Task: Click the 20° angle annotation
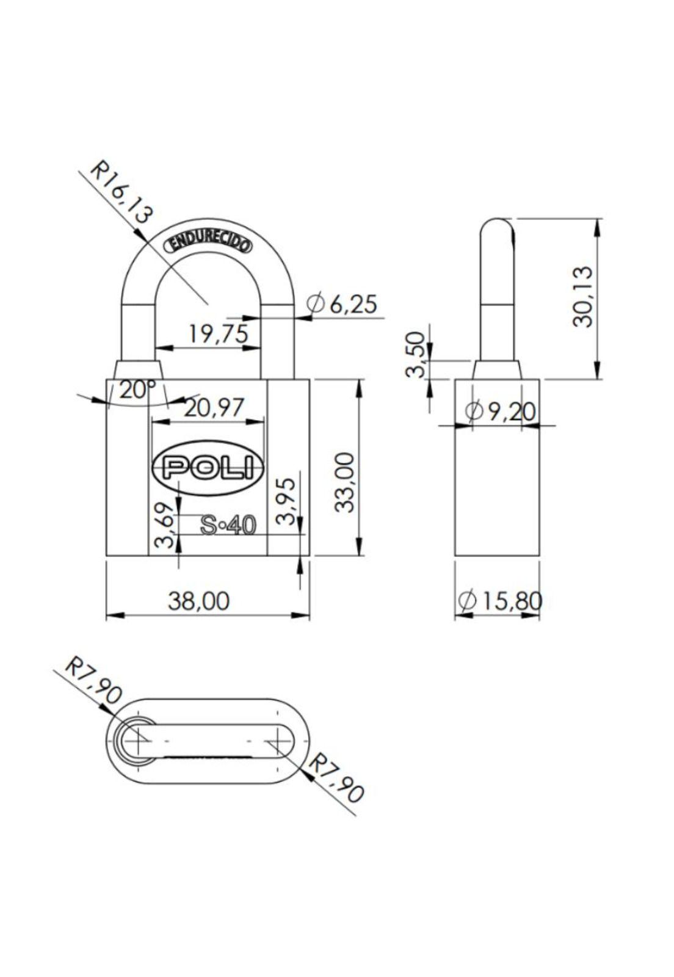[x=137, y=390]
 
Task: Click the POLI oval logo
[x=208, y=468]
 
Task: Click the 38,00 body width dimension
[x=199, y=601]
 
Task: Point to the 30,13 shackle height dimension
[x=583, y=297]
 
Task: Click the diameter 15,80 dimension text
[x=499, y=601]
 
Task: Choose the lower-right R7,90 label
[x=336, y=777]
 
